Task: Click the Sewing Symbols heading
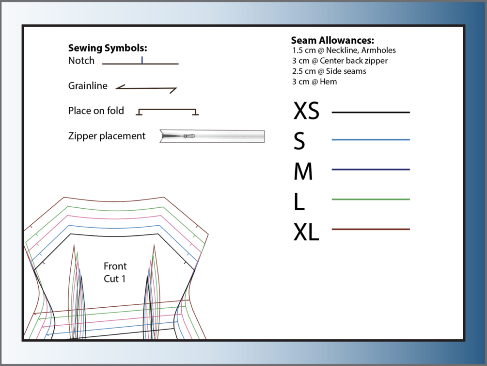(108, 48)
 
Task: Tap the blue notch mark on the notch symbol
(142, 60)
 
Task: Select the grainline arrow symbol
(146, 88)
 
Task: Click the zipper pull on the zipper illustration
(189, 136)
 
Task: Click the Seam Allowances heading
(332, 40)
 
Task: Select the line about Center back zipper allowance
(340, 61)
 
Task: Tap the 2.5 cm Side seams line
(329, 71)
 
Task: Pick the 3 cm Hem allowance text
(314, 82)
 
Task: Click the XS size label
(306, 111)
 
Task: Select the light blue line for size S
(371, 139)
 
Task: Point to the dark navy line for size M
(371, 169)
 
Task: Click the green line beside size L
(371, 199)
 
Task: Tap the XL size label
(306, 232)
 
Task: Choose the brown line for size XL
(371, 229)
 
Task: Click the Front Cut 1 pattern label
(115, 272)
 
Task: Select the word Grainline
(88, 85)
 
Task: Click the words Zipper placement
(107, 136)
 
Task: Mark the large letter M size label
(303, 171)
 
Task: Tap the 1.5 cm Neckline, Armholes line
(344, 50)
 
